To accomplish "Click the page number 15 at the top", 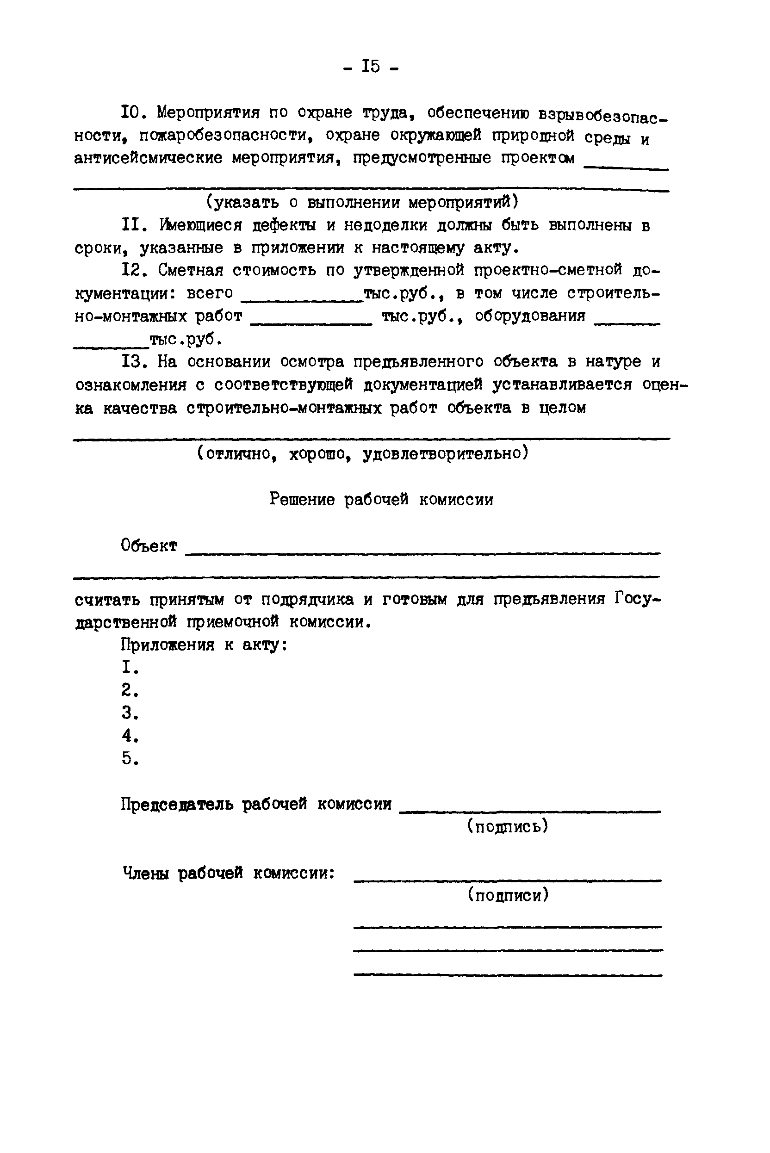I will point(371,66).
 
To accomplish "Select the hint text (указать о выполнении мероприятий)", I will point(362,202).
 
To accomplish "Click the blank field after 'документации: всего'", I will point(302,298).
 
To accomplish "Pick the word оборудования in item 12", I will point(530,316).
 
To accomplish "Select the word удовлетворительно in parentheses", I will point(445,453).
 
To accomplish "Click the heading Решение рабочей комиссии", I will point(381,499).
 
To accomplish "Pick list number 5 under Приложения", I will point(129,758).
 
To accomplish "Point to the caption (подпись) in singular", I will point(507,826).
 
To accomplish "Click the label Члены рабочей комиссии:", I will point(228,873).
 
